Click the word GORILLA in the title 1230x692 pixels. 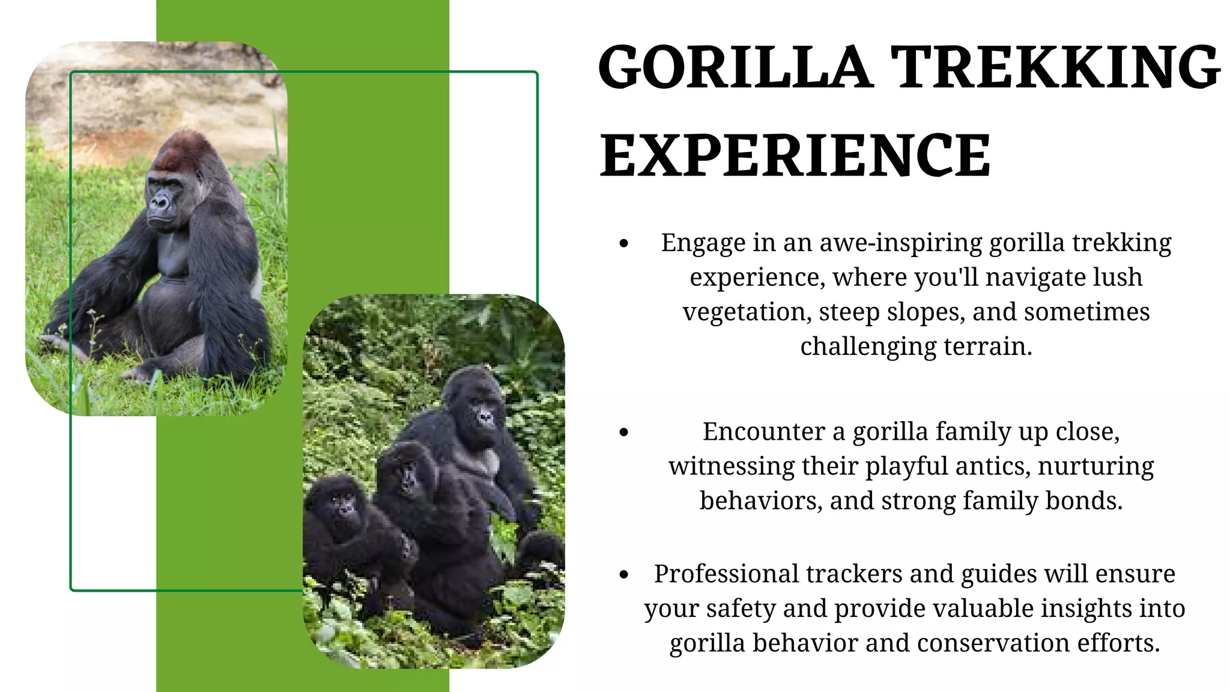735,67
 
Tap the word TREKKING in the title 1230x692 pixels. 1055,67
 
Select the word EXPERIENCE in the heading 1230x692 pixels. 795,156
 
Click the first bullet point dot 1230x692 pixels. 624,244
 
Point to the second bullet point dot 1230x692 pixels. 624,432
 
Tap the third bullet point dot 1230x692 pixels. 624,575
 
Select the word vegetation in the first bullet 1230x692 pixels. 747,312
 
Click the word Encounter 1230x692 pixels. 763,432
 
